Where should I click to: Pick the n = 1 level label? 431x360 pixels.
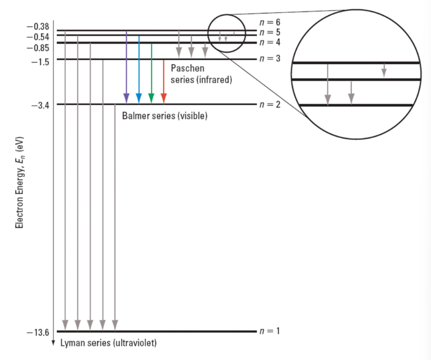(270, 331)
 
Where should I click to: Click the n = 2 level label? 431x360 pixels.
(270, 104)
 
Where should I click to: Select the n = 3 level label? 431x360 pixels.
(270, 58)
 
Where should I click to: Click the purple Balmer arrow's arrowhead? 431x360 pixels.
(126, 98)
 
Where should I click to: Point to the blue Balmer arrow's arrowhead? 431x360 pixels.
(139, 98)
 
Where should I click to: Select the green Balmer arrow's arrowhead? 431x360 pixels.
(152, 98)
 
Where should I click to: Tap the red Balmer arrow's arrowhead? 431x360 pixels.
(164, 98)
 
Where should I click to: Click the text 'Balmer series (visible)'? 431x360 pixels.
(164, 116)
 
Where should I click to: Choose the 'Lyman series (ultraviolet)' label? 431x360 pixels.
(108, 343)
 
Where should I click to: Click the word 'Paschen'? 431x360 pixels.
(187, 69)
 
